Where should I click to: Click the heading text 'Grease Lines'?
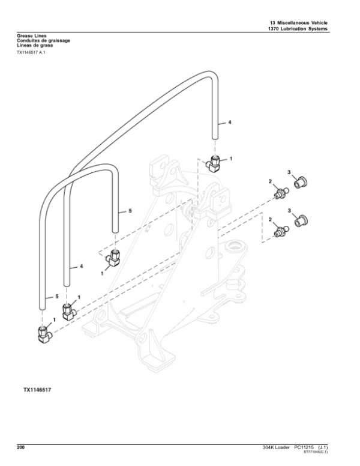pyautogui.click(x=31, y=36)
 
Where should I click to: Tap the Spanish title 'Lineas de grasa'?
pyautogui.click(x=34, y=46)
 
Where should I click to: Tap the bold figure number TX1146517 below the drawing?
pyautogui.click(x=37, y=390)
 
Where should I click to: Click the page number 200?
pyautogui.click(x=21, y=447)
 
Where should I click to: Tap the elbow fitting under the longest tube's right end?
pyautogui.click(x=214, y=162)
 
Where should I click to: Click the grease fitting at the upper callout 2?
pyautogui.click(x=280, y=193)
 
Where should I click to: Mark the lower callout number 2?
pyautogui.click(x=271, y=220)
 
